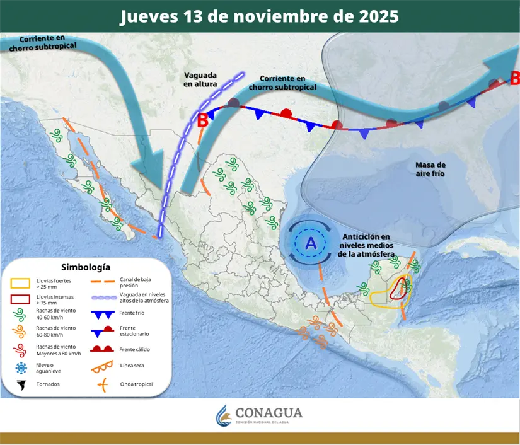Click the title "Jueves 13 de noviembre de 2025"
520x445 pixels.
(259, 16)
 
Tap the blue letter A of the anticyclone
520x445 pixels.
(311, 243)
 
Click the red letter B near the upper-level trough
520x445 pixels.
(203, 120)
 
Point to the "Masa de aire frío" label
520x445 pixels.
(430, 169)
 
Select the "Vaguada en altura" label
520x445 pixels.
(200, 79)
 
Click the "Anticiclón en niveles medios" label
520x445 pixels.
(367, 245)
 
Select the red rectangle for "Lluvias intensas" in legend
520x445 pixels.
(23, 299)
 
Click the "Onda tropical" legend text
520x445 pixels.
(136, 384)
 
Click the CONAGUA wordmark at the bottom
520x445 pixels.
(269, 413)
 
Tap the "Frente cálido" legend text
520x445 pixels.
(134, 349)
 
